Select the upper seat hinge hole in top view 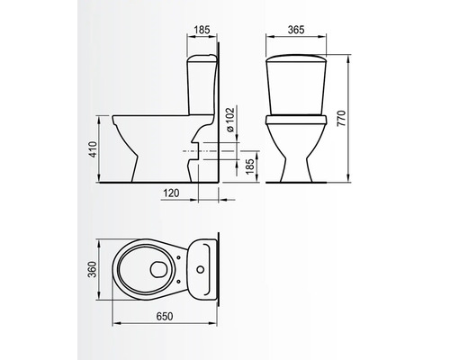pos(178,256)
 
